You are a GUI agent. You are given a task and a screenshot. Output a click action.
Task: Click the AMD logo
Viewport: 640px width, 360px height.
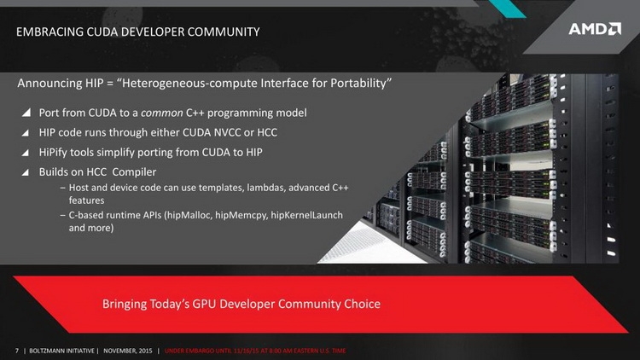pyautogui.click(x=595, y=29)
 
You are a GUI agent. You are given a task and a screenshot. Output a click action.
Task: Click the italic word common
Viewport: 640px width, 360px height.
pyautogui.click(x=162, y=113)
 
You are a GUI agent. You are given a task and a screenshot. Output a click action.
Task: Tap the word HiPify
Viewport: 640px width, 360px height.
pyautogui.click(x=53, y=153)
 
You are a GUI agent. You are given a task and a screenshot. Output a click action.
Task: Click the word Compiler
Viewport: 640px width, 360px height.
pyautogui.click(x=134, y=172)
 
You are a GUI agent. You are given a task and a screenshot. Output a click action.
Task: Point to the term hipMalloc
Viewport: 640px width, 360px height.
pyautogui.click(x=189, y=215)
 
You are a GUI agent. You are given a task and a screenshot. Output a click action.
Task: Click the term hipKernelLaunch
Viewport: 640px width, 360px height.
pyautogui.click(x=306, y=215)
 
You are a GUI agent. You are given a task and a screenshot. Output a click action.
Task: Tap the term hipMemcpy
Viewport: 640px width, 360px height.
pyautogui.click(x=241, y=216)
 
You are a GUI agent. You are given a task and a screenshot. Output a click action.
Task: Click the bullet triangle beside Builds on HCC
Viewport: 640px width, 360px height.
pyautogui.click(x=26, y=172)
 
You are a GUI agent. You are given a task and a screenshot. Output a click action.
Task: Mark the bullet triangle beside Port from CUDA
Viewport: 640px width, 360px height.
pyautogui.click(x=26, y=113)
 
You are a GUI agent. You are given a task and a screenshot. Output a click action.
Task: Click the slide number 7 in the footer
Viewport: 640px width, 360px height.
pyautogui.click(x=17, y=351)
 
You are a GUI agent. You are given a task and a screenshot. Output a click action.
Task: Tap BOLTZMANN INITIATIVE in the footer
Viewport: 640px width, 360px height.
pyautogui.click(x=61, y=351)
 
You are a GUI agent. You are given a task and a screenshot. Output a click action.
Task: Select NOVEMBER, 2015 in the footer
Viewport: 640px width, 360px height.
pyautogui.click(x=128, y=351)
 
